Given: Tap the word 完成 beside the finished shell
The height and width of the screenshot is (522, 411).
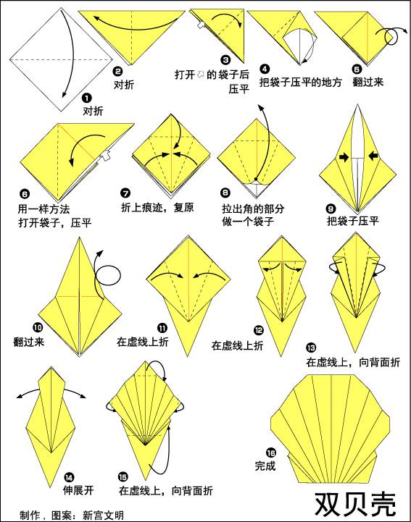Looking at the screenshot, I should point(265,466).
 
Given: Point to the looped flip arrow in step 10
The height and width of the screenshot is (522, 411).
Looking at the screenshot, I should point(108,277).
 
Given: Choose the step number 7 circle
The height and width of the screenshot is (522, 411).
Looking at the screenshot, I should point(126,193).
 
